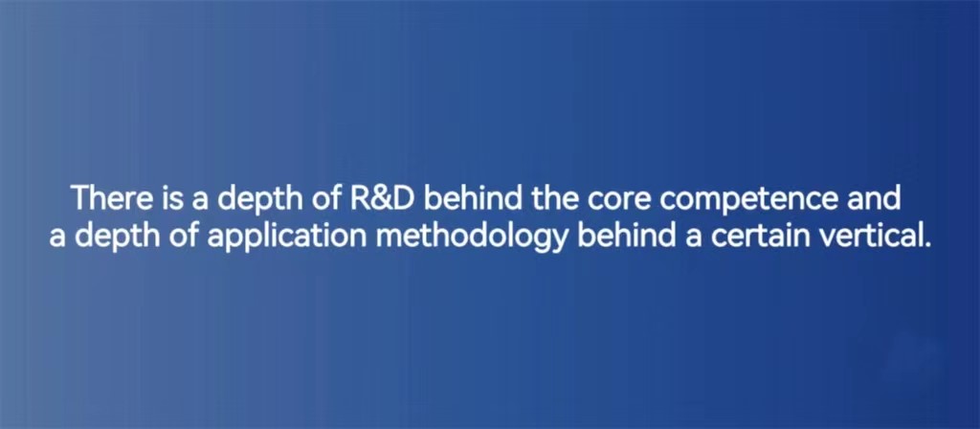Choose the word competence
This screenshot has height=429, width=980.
[x=748, y=201]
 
